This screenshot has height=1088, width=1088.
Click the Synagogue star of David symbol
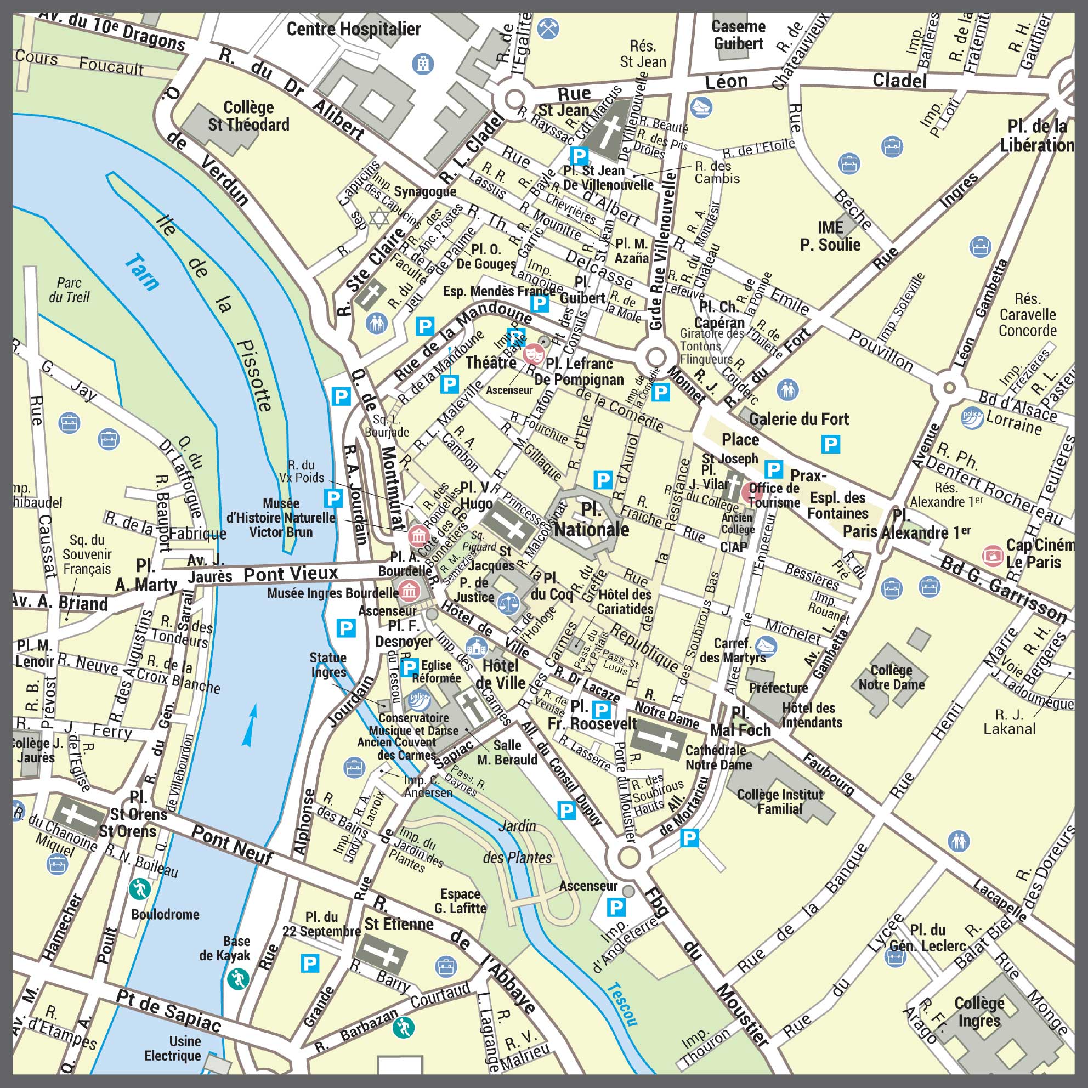pos(378,217)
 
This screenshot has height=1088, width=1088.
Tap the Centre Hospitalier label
pos(354,29)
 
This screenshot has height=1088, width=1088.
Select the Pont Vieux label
pos(291,574)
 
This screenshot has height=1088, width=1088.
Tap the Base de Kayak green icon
pos(237,979)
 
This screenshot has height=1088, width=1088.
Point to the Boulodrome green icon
pos(139,889)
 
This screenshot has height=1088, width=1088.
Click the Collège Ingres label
pos(979,1012)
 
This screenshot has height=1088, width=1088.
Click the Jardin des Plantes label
pos(518,842)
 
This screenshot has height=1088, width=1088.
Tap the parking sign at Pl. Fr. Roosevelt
pos(602,710)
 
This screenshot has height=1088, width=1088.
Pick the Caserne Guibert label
pos(738,35)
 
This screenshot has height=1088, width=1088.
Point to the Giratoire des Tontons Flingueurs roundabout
pos(656,357)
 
